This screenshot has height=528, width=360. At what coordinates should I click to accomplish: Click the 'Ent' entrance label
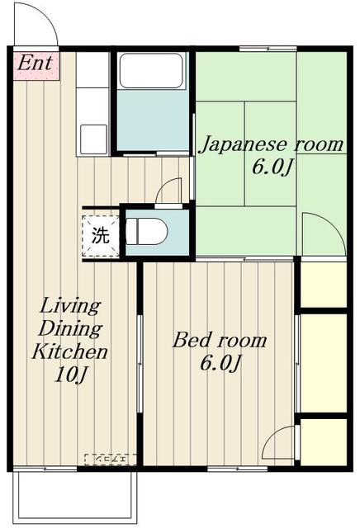[x=34, y=62]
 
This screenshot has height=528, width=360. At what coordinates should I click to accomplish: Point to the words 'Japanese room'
[x=272, y=145]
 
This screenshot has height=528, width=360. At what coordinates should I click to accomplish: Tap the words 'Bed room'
[x=219, y=340]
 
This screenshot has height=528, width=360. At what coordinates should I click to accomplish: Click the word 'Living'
[x=70, y=307]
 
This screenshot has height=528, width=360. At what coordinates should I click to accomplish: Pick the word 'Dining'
[x=70, y=330]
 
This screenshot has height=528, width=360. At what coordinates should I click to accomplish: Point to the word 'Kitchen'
[x=70, y=353]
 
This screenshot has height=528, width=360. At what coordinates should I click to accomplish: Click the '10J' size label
[x=70, y=376]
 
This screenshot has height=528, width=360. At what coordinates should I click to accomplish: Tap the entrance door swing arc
[x=37, y=25]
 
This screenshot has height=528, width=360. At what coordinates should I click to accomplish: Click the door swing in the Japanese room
[x=322, y=234]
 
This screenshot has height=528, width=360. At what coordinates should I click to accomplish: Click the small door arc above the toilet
[x=168, y=191]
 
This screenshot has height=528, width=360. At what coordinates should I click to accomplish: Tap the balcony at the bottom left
[x=73, y=496]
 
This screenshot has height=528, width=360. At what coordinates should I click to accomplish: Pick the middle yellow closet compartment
[x=323, y=362]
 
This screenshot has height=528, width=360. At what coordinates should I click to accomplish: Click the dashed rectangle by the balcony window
[x=110, y=459]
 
